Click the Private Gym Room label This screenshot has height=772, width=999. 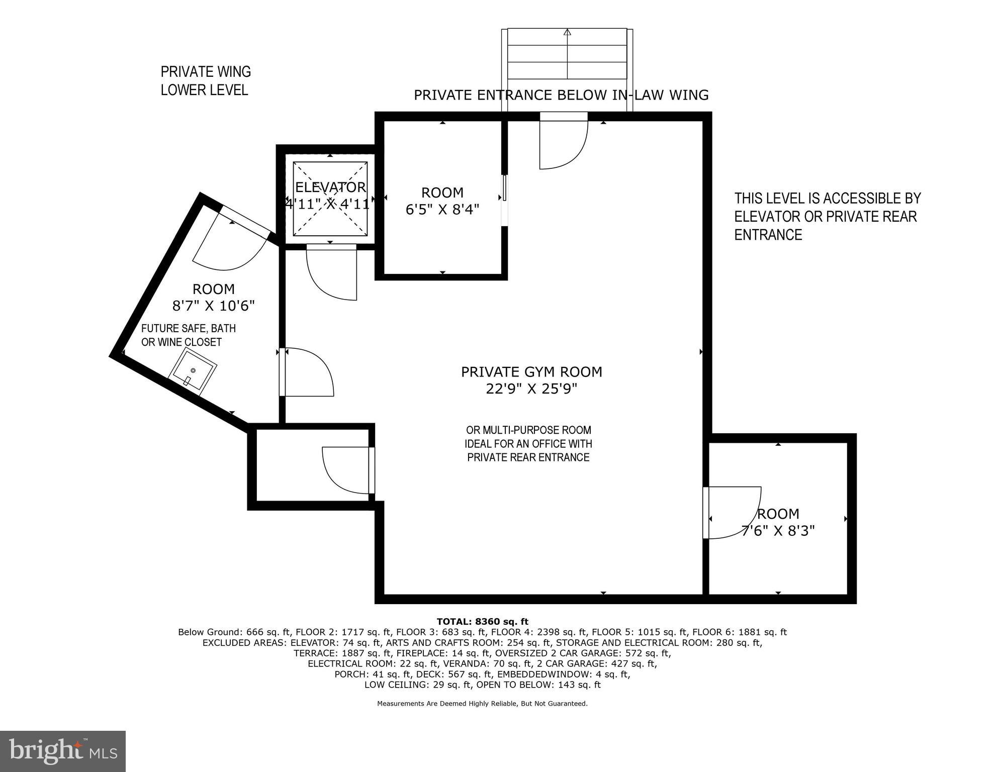(x=531, y=372)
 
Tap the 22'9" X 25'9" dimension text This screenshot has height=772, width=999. (x=531, y=389)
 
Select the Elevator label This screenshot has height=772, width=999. (x=330, y=187)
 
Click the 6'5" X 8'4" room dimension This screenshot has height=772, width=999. (x=442, y=209)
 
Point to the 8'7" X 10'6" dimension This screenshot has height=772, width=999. (x=214, y=306)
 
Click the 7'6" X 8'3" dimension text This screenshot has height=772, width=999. (x=778, y=531)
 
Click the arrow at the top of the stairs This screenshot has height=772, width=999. (x=568, y=33)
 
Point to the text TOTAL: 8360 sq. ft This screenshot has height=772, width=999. (x=482, y=622)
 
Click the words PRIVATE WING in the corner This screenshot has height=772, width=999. (x=206, y=72)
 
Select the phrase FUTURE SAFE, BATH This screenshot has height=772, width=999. (x=189, y=328)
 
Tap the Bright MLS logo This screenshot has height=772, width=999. (x=63, y=751)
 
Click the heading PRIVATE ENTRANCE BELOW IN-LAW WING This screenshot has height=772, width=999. (x=561, y=95)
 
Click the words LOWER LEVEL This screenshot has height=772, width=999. (x=204, y=90)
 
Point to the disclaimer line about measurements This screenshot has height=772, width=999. (x=482, y=704)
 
